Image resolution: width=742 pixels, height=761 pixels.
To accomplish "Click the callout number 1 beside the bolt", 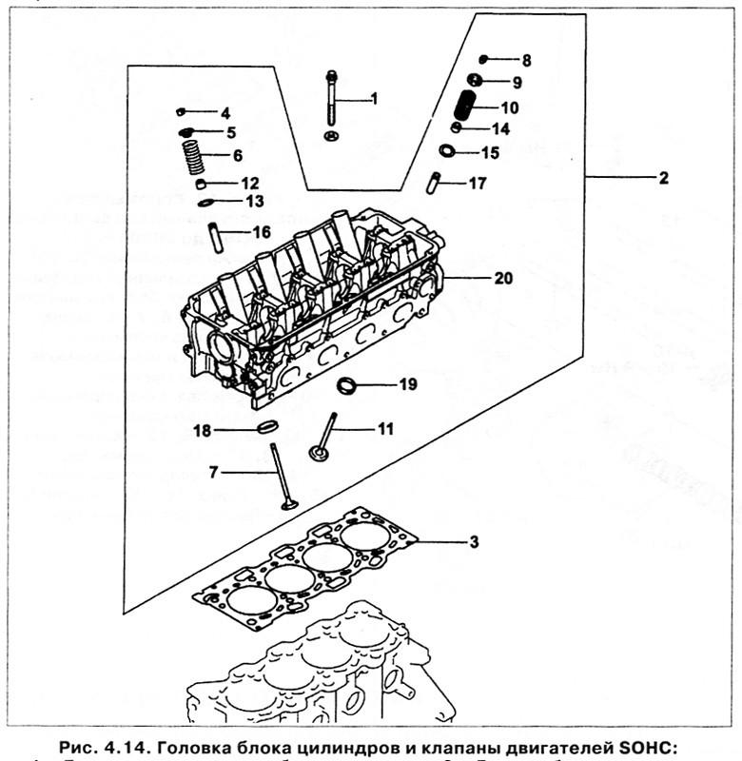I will pyautogui.click(x=374, y=98).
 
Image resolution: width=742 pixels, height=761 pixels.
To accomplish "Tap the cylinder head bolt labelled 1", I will pyautogui.click(x=330, y=99).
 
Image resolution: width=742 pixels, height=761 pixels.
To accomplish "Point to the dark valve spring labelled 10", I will pyautogui.click(x=467, y=106).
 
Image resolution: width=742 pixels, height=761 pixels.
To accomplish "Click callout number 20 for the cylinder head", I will pyautogui.click(x=503, y=279).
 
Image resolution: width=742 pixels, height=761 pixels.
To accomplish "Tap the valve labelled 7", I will pyautogui.click(x=283, y=476).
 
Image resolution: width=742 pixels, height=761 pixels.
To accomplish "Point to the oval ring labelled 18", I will pyautogui.click(x=268, y=429).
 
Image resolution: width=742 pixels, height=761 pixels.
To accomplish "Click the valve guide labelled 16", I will pyautogui.click(x=215, y=236).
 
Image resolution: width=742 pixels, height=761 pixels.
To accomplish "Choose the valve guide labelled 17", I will pyautogui.click(x=436, y=182).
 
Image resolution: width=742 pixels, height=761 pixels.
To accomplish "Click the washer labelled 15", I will pyautogui.click(x=448, y=150).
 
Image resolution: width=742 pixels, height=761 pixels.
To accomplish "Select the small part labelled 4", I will pyautogui.click(x=182, y=112).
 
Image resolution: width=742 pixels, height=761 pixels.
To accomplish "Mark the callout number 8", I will pyautogui.click(x=526, y=60).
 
